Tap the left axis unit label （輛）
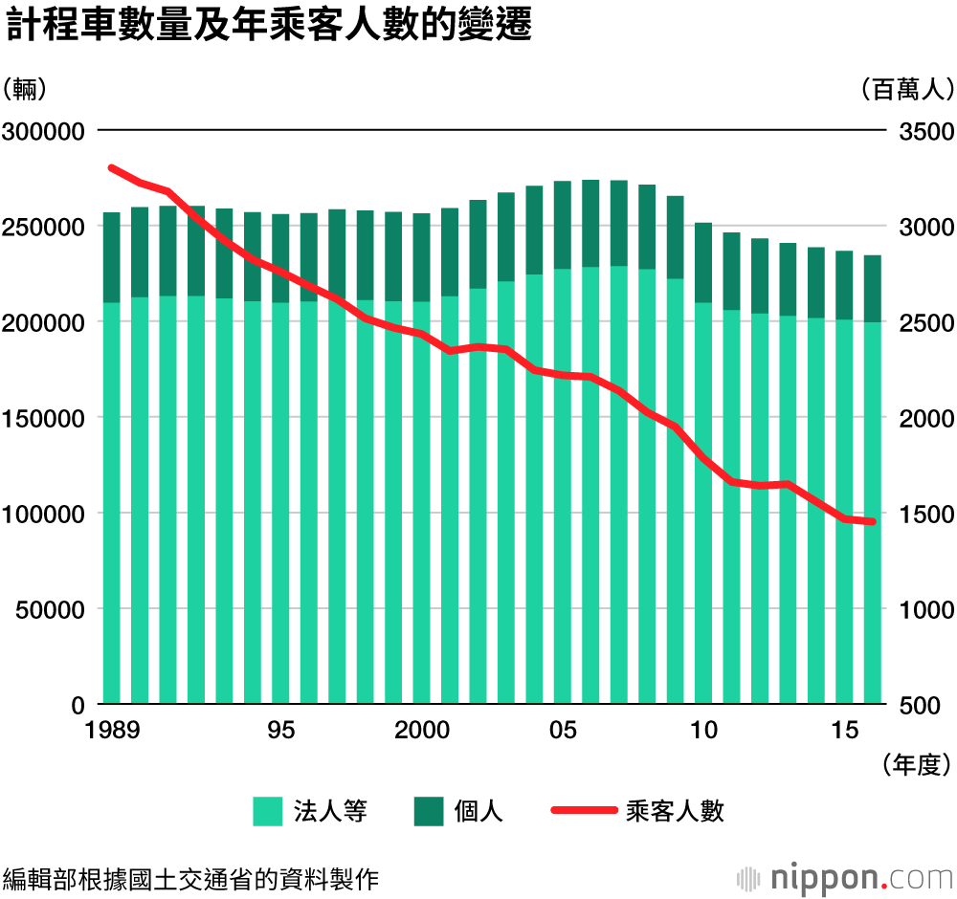pos(26,91)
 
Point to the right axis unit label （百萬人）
pos(902,91)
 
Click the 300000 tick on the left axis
pos(44,131)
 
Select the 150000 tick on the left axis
pos(44,418)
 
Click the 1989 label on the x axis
pos(112,731)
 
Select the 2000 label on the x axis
pos(422,731)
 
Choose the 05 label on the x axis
pos(563,731)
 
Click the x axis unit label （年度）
pos(913,763)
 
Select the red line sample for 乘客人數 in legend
pos(583,811)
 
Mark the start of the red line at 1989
pos(112,168)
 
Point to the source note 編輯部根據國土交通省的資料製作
pos(191,878)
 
